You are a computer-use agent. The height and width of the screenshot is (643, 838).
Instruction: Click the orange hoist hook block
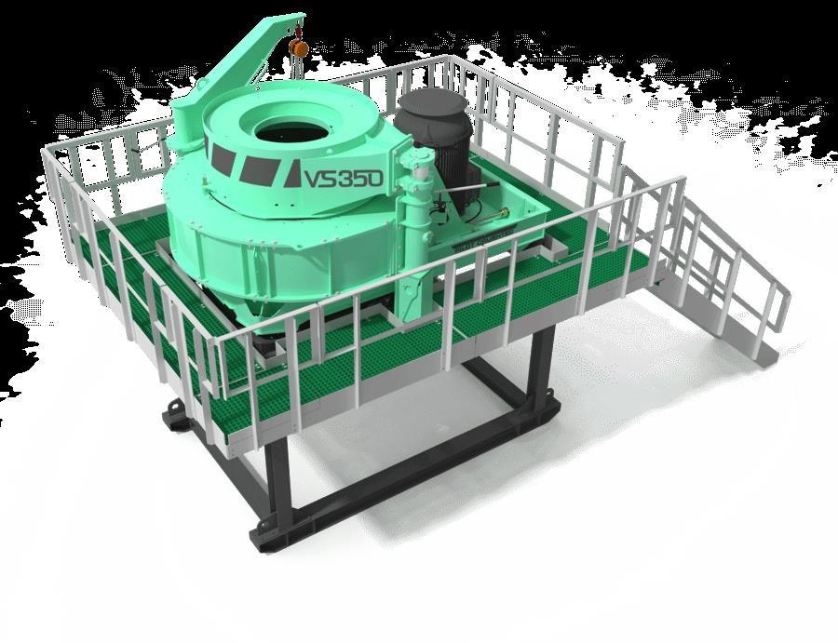click(x=299, y=48)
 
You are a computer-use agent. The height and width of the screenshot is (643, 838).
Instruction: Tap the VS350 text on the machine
click(x=344, y=179)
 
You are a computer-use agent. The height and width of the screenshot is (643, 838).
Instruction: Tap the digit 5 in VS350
click(x=360, y=179)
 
